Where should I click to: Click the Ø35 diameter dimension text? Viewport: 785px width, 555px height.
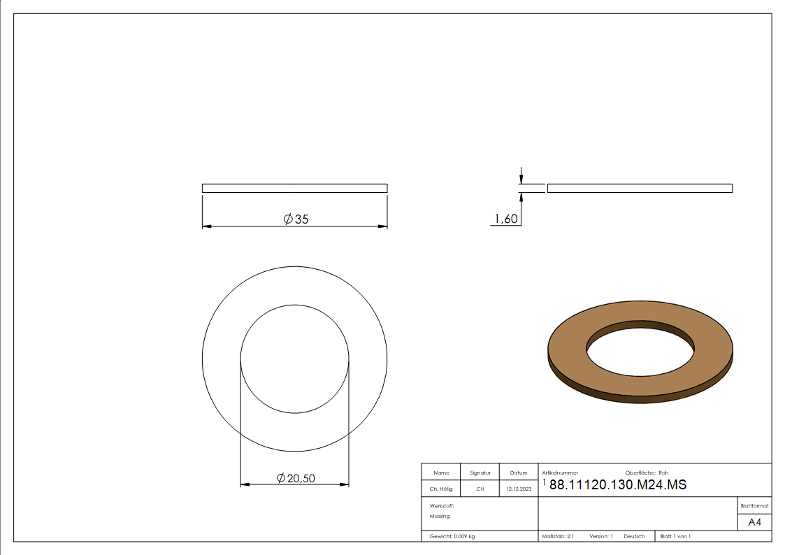296,219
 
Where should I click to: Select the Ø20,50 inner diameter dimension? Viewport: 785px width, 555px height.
296,478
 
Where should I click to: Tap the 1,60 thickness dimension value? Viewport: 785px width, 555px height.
506,219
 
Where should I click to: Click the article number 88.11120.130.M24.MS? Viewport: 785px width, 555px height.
618,484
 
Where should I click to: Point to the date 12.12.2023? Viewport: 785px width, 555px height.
519,489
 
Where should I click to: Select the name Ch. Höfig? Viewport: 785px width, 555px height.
441,489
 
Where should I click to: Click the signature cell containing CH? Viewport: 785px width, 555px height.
480,489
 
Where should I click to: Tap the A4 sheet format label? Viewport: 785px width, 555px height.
754,522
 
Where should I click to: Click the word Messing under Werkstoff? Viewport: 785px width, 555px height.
440,516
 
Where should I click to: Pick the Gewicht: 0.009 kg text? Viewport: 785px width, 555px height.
452,537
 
